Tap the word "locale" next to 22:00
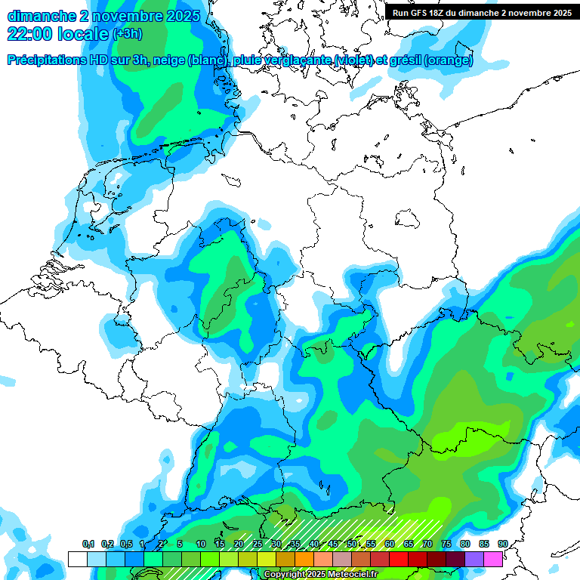coord(82,34)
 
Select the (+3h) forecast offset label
coord(126,34)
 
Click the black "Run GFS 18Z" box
coord(482,13)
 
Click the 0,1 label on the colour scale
coord(88,545)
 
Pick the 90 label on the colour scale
coord(502,545)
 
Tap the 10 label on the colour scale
coord(201,545)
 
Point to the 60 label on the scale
coord(390,545)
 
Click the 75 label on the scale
coord(446,545)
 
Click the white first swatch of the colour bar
coord(77,559)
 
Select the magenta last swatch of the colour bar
coord(492,559)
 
